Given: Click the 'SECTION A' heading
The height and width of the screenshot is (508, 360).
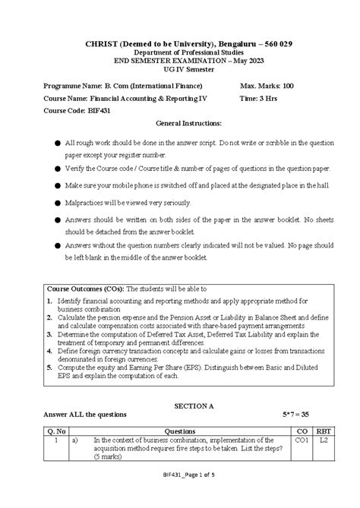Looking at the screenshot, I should coord(180,406).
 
